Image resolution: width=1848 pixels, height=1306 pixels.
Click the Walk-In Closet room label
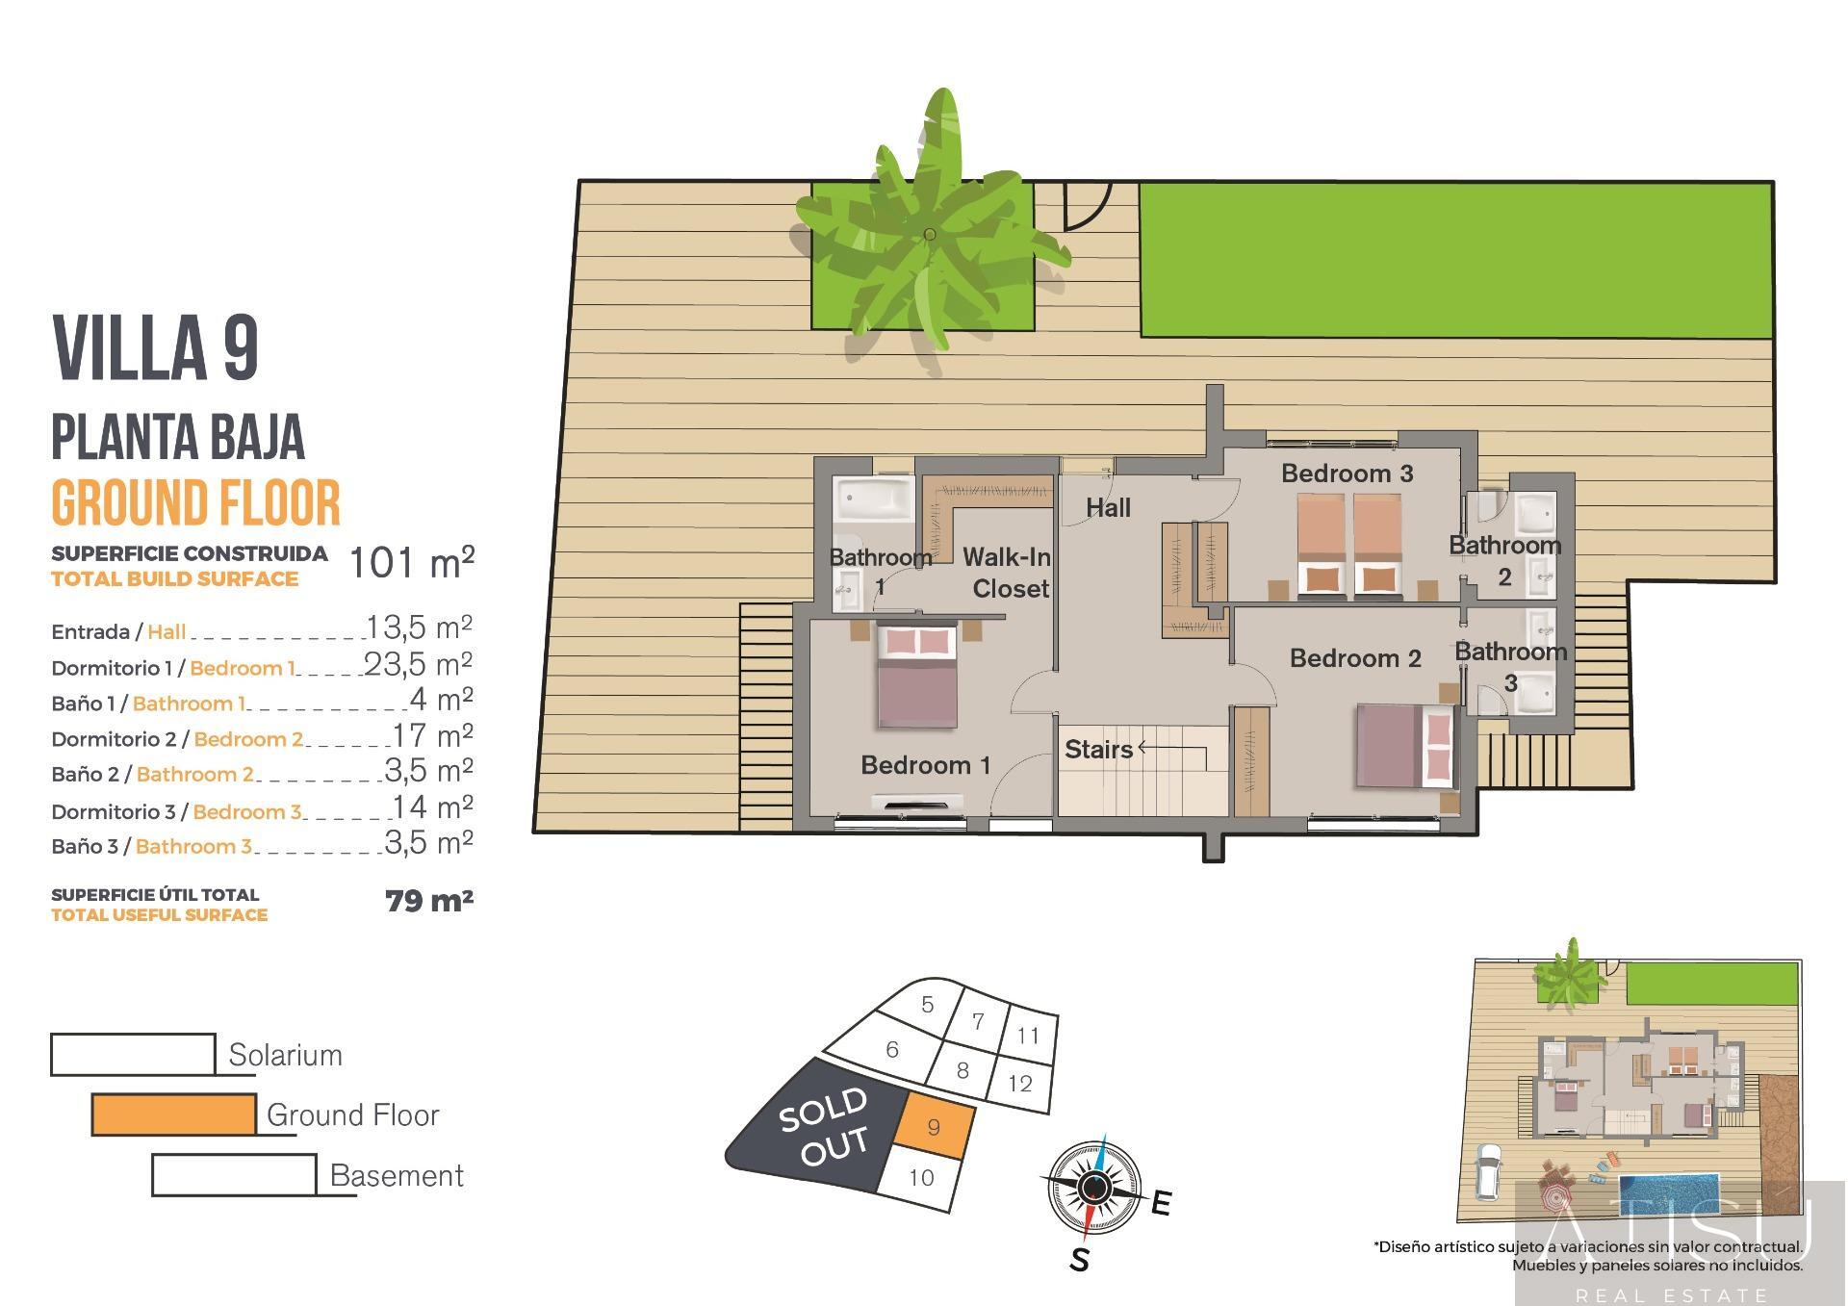click(x=1007, y=573)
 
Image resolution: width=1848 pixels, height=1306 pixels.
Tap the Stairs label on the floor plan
click(x=1098, y=749)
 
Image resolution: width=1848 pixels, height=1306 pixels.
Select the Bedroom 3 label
click(x=1347, y=474)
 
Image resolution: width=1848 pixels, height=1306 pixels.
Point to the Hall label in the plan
click(x=1108, y=508)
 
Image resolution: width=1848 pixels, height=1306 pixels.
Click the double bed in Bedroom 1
click(x=917, y=677)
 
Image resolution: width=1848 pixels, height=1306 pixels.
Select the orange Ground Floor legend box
click(x=174, y=1114)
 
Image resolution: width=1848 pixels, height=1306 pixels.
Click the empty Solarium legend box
click(x=133, y=1054)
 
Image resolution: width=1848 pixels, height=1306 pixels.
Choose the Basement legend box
click(x=234, y=1175)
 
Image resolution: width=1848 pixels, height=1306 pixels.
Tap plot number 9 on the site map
click(x=934, y=1128)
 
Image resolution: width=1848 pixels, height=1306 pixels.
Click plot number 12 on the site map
click(x=1020, y=1084)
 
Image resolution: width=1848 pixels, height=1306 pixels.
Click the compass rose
click(x=1092, y=1189)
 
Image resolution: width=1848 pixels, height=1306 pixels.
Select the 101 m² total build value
click(x=411, y=563)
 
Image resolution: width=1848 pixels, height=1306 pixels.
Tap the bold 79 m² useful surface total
click(x=428, y=902)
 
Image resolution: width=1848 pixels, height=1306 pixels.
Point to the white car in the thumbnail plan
click(x=1488, y=1172)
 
